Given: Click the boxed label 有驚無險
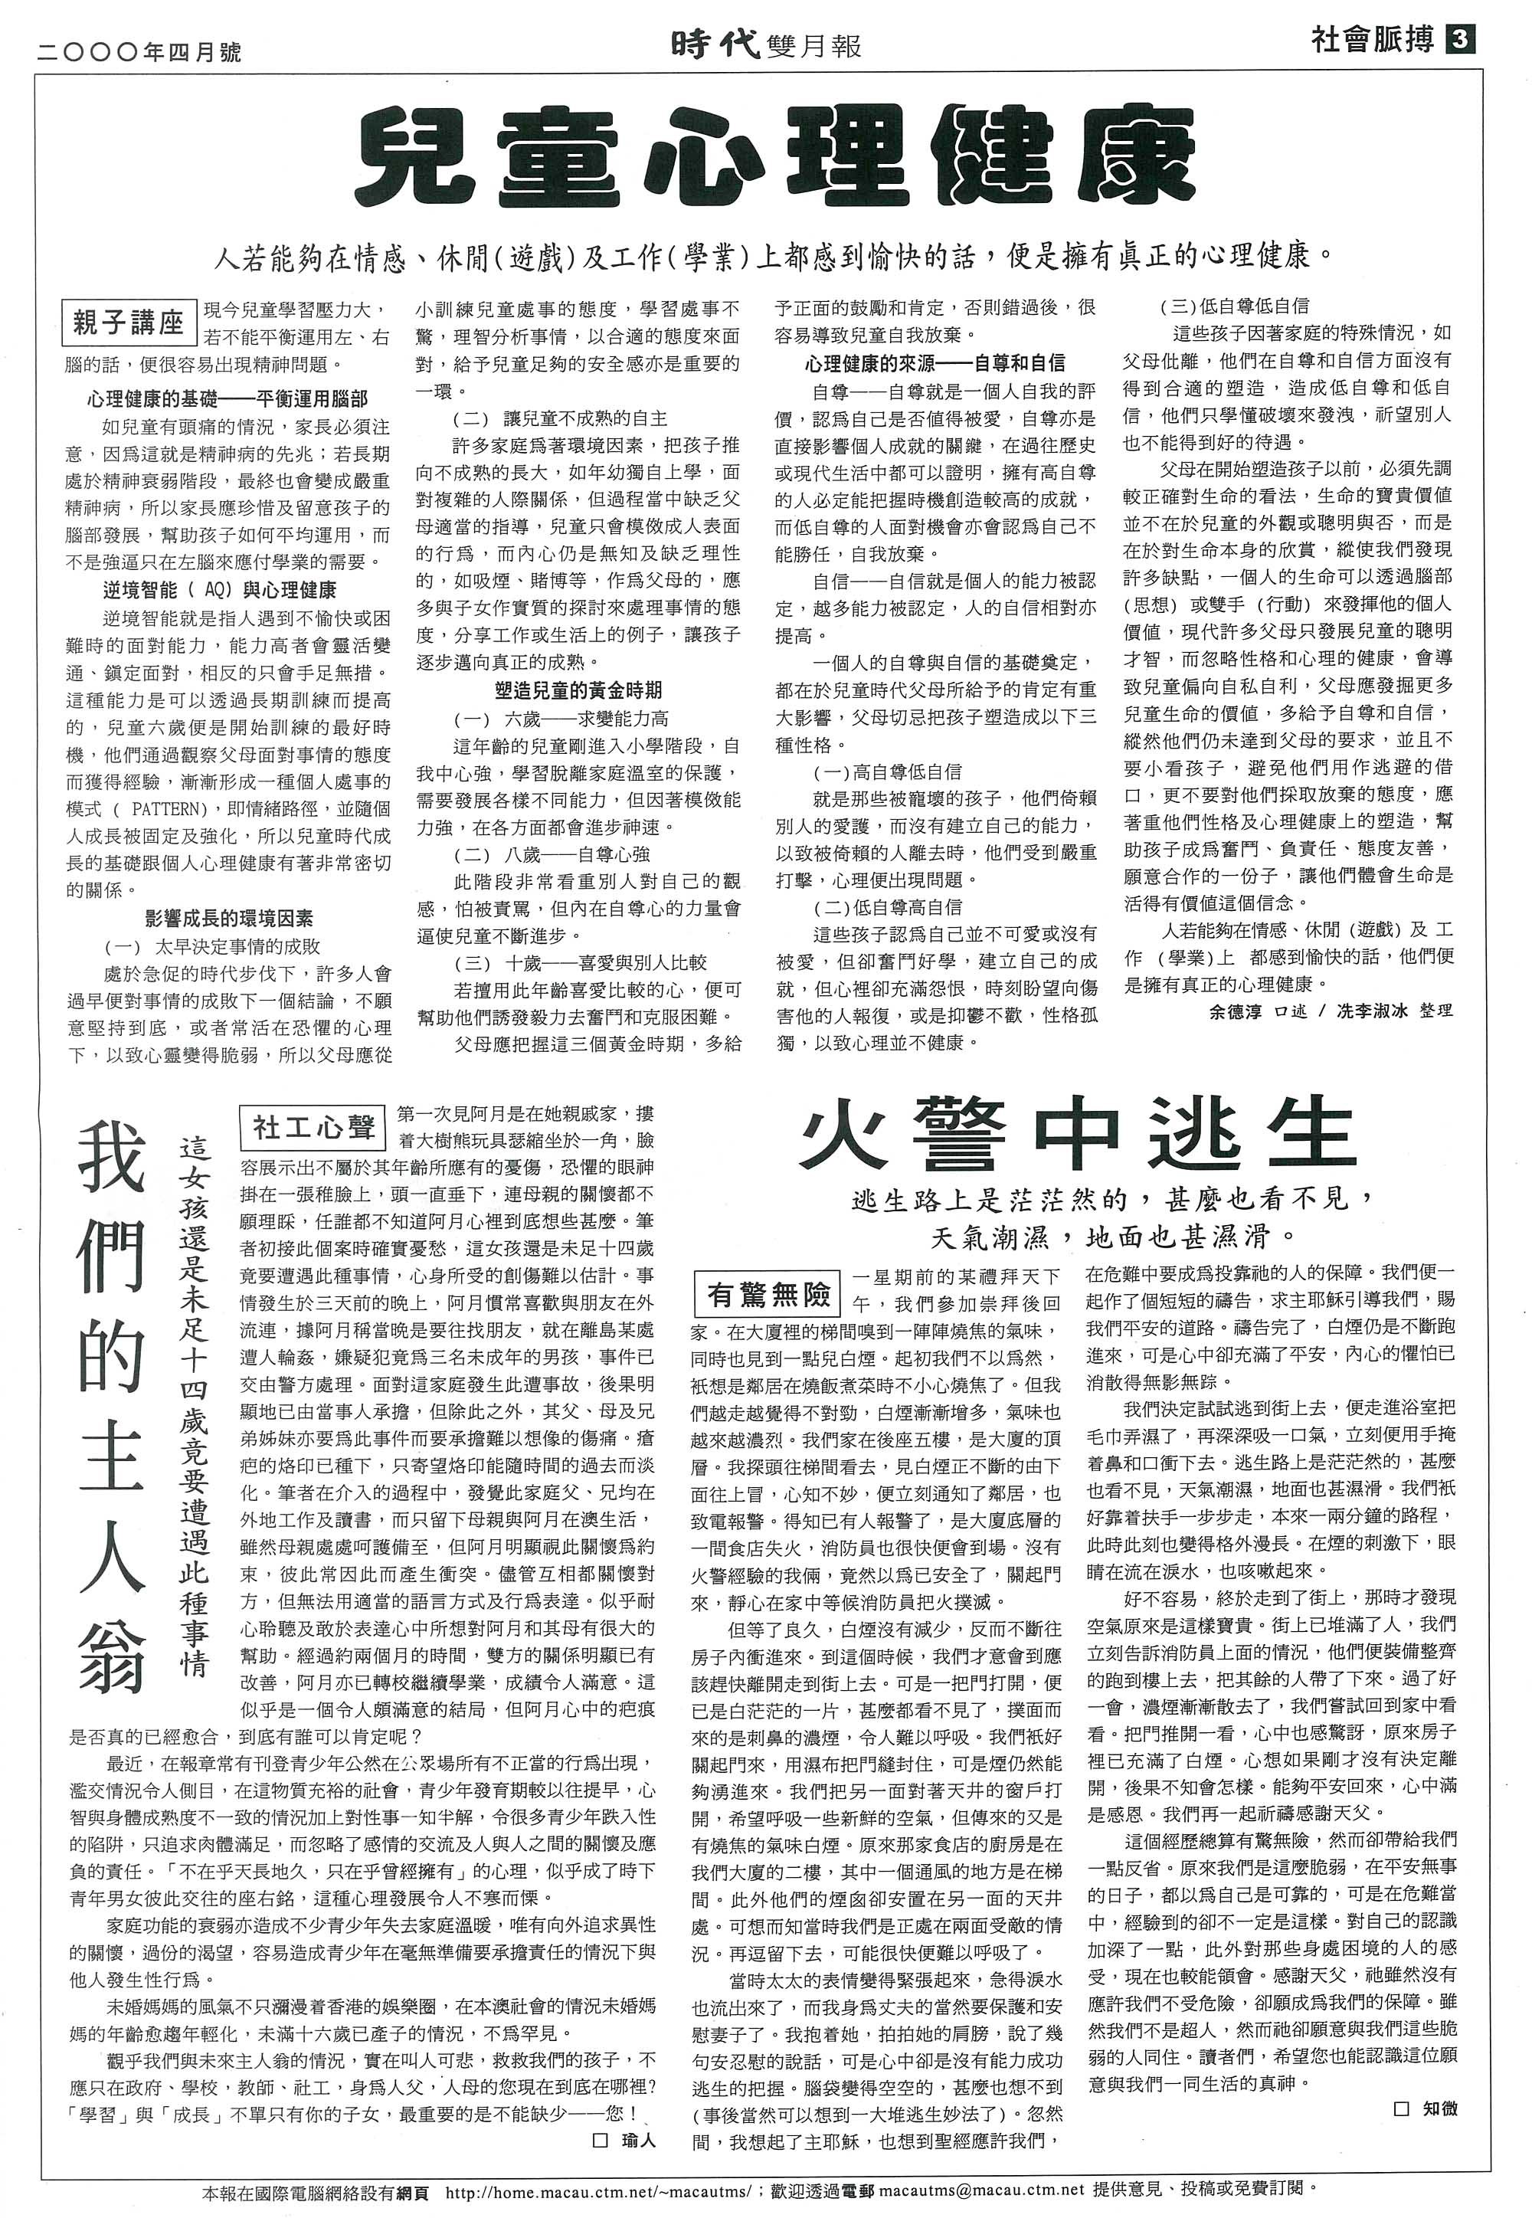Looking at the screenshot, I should [x=768, y=1296].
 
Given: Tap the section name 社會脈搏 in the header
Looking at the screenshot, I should [x=1372, y=41].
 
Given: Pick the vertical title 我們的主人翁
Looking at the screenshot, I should [x=113, y=1406].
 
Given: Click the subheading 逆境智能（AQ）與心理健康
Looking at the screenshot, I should [x=220, y=589].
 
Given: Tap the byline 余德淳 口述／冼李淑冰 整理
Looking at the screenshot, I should [x=1331, y=1011].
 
